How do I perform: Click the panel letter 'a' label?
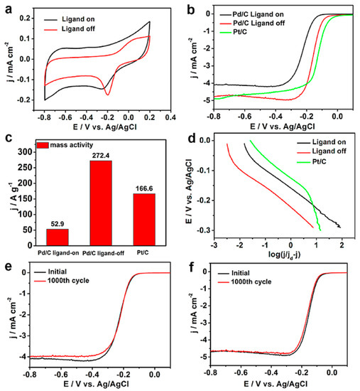click(x=6, y=7)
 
